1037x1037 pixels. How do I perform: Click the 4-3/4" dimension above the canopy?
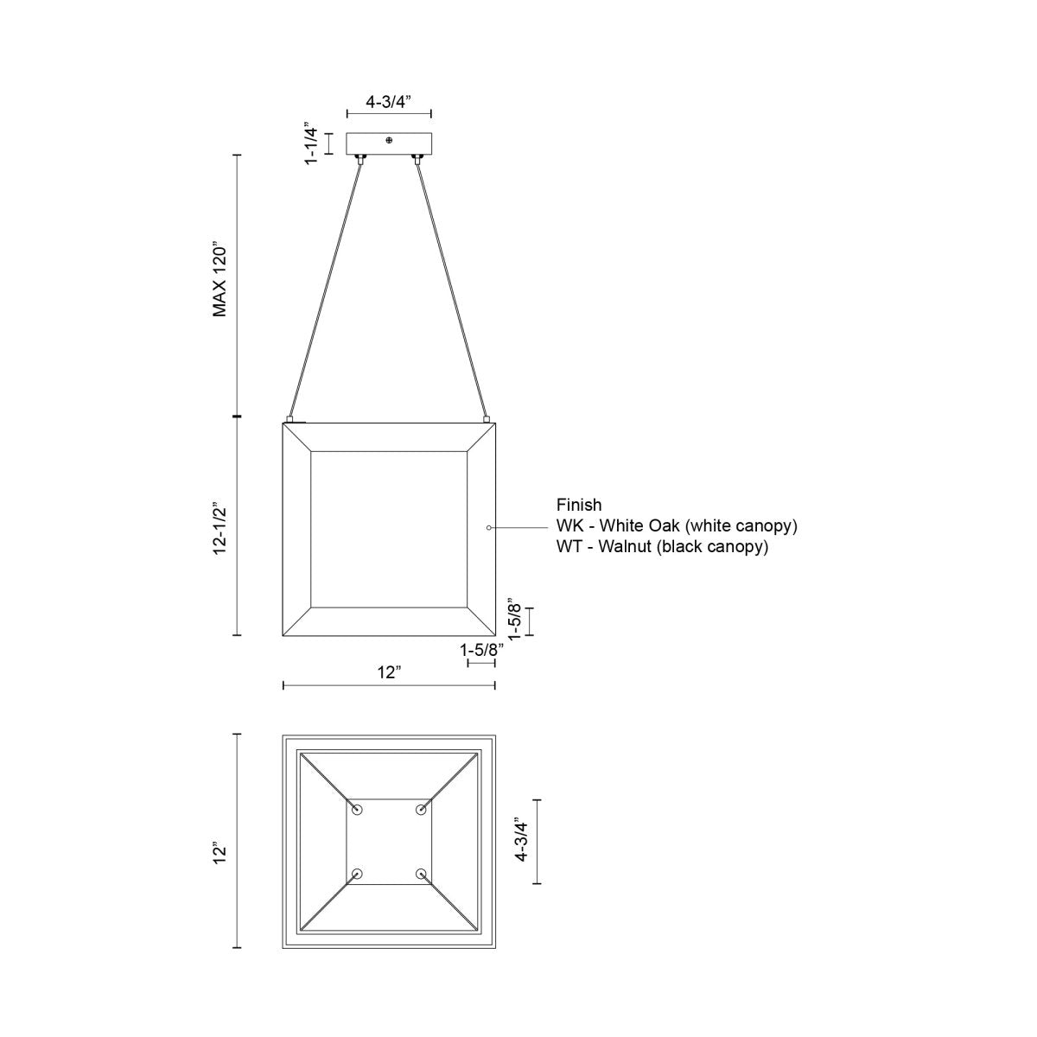(x=388, y=101)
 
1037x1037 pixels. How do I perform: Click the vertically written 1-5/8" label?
(x=515, y=619)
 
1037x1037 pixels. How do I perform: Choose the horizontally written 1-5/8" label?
(x=481, y=649)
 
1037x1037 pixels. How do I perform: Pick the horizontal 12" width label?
(x=389, y=672)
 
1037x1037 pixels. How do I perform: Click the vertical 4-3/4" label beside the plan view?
(x=521, y=841)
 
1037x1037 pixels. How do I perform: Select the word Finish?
(x=579, y=506)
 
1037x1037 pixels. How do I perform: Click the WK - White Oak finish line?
(x=677, y=526)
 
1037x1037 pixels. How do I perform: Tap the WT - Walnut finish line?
(x=662, y=547)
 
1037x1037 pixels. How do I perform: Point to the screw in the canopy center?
(x=389, y=140)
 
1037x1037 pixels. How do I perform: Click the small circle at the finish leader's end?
(x=489, y=526)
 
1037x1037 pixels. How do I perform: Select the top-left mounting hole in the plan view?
(x=357, y=809)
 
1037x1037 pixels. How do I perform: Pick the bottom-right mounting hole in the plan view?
(x=421, y=874)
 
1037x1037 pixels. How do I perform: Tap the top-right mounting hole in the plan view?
(x=421, y=809)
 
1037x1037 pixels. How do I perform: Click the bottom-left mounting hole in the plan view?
(x=357, y=874)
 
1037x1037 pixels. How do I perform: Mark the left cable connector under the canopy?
(x=360, y=158)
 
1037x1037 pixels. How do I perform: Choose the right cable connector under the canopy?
(x=417, y=158)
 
